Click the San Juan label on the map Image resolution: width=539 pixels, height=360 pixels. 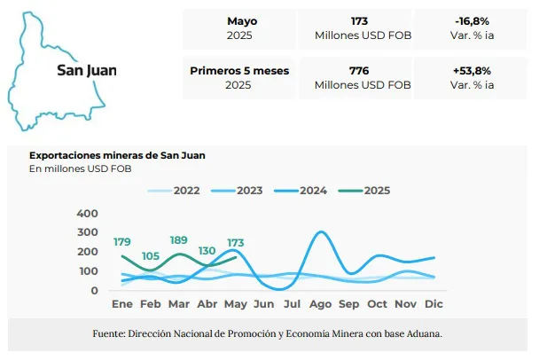point(86,70)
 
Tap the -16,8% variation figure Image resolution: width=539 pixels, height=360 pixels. point(472,20)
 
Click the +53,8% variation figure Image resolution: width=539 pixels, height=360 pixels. point(472,70)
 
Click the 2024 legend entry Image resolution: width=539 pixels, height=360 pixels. point(313,190)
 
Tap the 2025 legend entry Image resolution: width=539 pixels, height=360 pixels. point(377,190)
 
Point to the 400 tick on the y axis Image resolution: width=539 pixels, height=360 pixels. point(88,214)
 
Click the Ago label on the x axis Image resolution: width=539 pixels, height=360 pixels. point(319,303)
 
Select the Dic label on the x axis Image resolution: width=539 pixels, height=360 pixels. point(434,303)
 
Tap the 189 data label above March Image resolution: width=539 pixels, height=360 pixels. point(178,240)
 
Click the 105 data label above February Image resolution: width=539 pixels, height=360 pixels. point(150,255)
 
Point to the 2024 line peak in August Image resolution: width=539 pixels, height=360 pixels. point(320,232)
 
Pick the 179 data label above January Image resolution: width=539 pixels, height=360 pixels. point(122,242)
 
